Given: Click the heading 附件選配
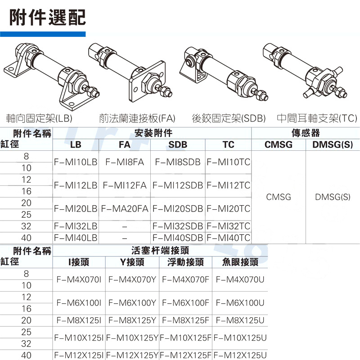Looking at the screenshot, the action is pyautogui.click(x=47, y=18).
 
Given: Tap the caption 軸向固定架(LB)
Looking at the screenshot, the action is pyautogui.click(x=39, y=118).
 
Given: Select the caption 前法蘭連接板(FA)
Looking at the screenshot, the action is pyautogui.click(x=137, y=118).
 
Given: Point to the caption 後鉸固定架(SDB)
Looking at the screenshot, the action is pyautogui.click(x=229, y=118).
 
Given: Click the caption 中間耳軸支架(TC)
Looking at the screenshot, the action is pyautogui.click(x=317, y=118).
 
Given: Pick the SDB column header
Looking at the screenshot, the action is pyautogui.click(x=178, y=144).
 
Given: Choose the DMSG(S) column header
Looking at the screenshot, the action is pyautogui.click(x=333, y=144).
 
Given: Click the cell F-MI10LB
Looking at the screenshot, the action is pyautogui.click(x=76, y=162).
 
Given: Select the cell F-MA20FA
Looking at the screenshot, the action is pyautogui.click(x=125, y=209).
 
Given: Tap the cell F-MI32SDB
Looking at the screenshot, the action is pyautogui.click(x=178, y=226).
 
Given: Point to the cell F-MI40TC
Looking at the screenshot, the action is pyautogui.click(x=228, y=238).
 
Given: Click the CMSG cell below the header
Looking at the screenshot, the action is pyautogui.click(x=279, y=197).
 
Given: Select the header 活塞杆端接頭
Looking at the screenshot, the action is pyautogui.click(x=160, y=251).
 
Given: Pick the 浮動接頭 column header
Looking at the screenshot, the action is pyautogui.click(x=185, y=262).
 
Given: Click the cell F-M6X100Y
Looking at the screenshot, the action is pyautogui.click(x=132, y=303).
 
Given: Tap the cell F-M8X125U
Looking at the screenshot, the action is pyautogui.click(x=240, y=320).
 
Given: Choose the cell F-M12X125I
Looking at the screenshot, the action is pyautogui.click(x=79, y=355).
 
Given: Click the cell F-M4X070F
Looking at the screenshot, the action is pyautogui.click(x=185, y=279).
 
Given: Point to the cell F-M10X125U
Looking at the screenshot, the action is pyautogui.click(x=240, y=337).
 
